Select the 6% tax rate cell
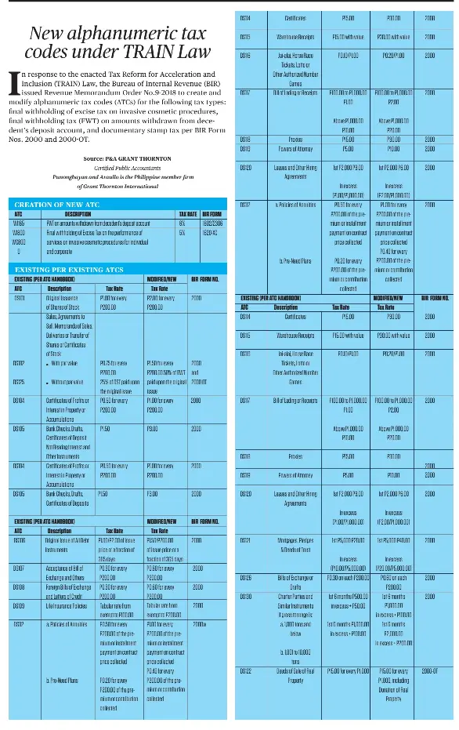180,223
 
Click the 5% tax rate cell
180,232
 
